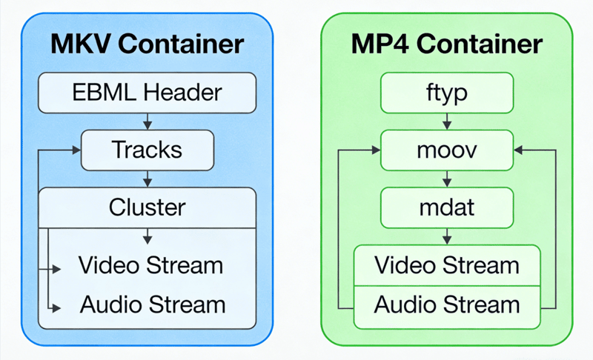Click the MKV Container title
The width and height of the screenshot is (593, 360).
point(147,44)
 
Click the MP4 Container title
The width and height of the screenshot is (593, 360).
point(446,44)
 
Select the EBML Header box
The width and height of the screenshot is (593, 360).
point(147,93)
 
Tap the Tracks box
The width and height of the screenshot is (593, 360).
point(147,149)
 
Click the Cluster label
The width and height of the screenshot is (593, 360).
point(147,207)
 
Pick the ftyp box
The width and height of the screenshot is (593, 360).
point(446,93)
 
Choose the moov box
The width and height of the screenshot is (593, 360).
point(446,150)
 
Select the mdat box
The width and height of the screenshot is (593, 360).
point(446,207)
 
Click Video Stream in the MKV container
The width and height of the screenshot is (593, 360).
point(150,264)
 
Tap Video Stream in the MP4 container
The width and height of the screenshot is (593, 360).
point(446,264)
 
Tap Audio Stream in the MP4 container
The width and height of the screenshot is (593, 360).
point(446,304)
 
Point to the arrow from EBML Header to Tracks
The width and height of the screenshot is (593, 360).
point(148,120)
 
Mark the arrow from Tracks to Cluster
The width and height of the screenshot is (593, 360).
point(148,178)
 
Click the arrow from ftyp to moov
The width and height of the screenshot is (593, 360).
point(447,121)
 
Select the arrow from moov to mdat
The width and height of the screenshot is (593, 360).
point(447,179)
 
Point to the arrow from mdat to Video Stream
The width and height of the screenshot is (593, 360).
point(447,236)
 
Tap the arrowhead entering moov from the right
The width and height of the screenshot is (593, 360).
point(520,150)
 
